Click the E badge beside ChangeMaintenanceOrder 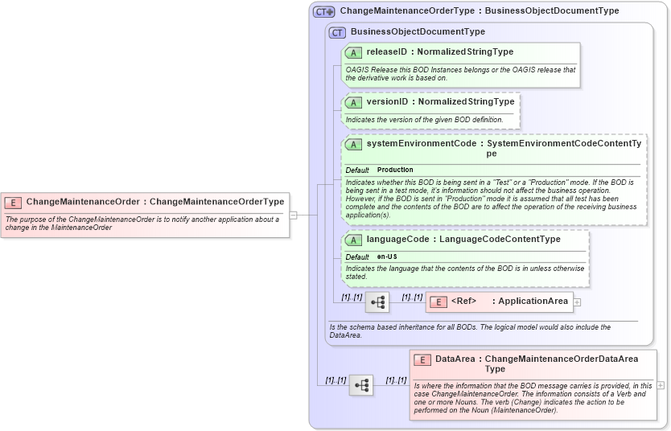tap(14, 202)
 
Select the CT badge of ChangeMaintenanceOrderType tap(324, 11)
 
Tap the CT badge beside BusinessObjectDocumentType tap(338, 32)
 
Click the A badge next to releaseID tap(353, 52)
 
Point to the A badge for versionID tap(353, 102)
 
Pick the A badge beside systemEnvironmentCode tap(353, 144)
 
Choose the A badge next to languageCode tap(353, 240)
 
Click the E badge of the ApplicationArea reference tap(438, 302)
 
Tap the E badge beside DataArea tap(422, 359)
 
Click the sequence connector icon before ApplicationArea tap(377, 302)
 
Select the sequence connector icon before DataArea tap(360, 385)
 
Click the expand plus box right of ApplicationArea tap(577, 302)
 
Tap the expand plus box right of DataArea tap(661, 385)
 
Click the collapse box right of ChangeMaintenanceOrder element tap(294, 215)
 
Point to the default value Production tap(395, 170)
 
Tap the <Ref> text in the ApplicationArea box tap(463, 302)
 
